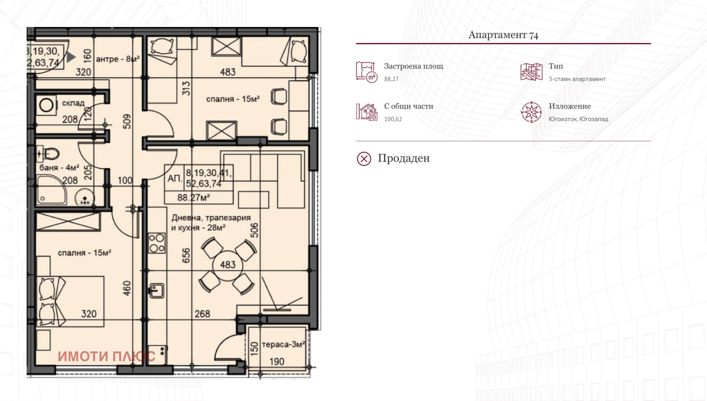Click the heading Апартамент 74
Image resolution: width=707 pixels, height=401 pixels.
coord(503,35)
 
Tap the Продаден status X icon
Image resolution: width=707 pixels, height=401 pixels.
coord(364,158)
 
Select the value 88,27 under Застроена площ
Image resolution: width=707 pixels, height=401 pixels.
coord(391,79)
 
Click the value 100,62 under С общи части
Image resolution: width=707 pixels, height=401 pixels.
coord(393,119)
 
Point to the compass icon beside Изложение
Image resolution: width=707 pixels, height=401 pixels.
coord(531,112)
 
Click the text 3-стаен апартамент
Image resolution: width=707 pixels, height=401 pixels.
coord(577,79)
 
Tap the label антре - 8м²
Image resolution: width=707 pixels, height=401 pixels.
coord(118,59)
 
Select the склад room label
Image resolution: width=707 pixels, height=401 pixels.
coord(73,103)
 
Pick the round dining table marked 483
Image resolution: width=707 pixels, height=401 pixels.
coord(228,265)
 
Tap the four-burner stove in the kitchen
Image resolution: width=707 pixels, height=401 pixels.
coord(156,243)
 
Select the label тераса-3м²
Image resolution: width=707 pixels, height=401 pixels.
coord(283,344)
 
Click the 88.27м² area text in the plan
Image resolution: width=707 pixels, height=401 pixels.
coord(194,197)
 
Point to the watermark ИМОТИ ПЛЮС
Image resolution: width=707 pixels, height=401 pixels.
coord(106,356)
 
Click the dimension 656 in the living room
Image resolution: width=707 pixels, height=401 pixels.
coord(186,255)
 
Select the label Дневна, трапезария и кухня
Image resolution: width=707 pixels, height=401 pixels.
coord(211,223)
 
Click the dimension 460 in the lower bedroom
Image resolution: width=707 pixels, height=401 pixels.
coord(127,288)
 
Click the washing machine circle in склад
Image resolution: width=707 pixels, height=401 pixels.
coord(46,105)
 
